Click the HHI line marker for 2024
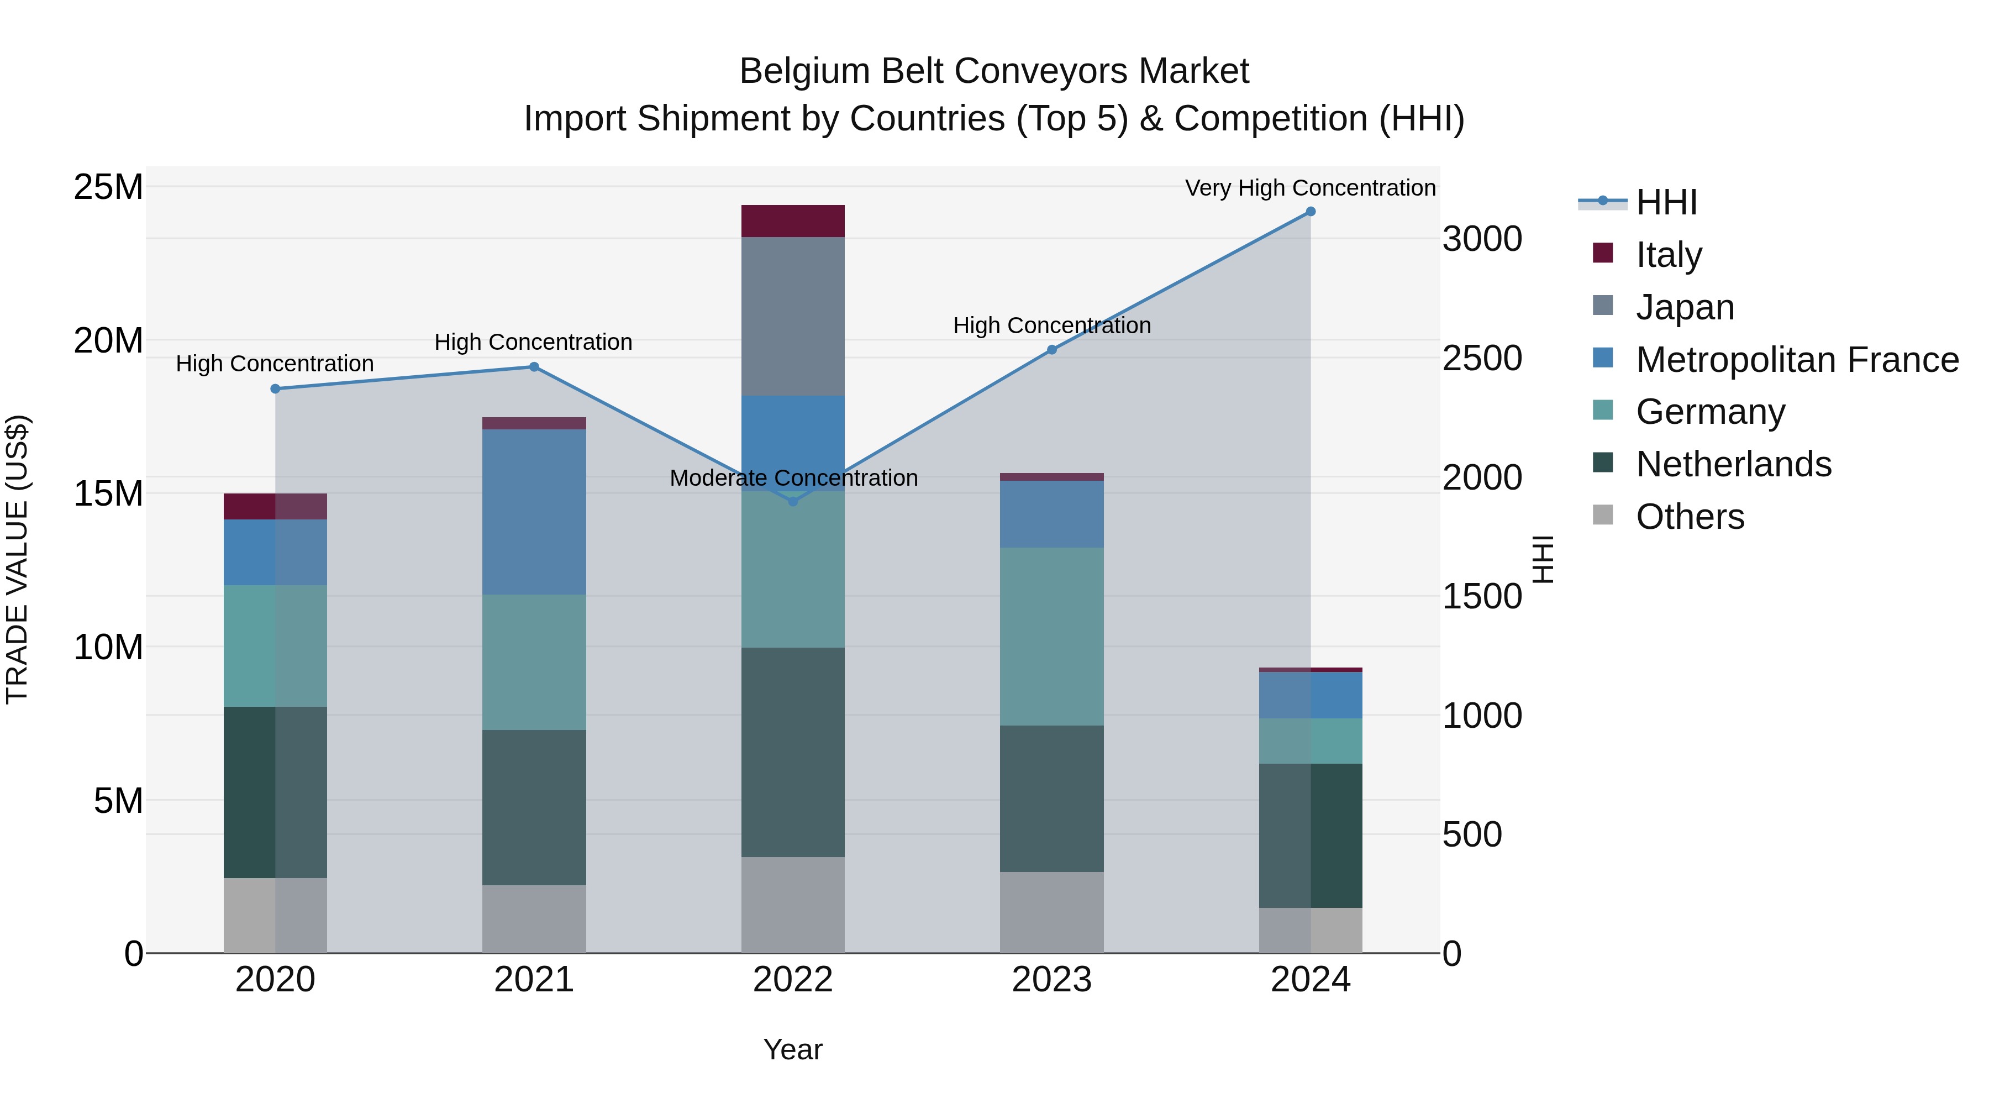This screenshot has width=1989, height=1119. coord(1311,212)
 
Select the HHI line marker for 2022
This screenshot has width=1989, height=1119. coord(793,501)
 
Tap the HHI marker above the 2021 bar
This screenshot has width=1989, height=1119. coord(534,367)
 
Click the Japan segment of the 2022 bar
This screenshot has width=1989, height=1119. coord(793,317)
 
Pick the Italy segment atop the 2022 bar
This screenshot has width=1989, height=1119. coord(793,221)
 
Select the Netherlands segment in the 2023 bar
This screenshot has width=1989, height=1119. coord(1051,798)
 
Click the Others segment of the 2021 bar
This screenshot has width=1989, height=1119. coord(534,919)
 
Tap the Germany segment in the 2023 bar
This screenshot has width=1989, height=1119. coord(1051,637)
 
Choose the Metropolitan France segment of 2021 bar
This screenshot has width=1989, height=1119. coord(534,511)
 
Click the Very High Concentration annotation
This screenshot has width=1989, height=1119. coord(1311,188)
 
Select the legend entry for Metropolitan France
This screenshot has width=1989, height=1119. coord(1797,360)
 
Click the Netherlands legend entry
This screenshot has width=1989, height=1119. coord(1733,464)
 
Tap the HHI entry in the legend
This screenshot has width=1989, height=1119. coord(1666,202)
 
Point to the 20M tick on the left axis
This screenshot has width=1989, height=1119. coord(108,340)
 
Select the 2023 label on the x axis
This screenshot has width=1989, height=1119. coord(1051,980)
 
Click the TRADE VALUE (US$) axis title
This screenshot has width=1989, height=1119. coord(17,559)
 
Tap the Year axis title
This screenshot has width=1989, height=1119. coord(793,1049)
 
